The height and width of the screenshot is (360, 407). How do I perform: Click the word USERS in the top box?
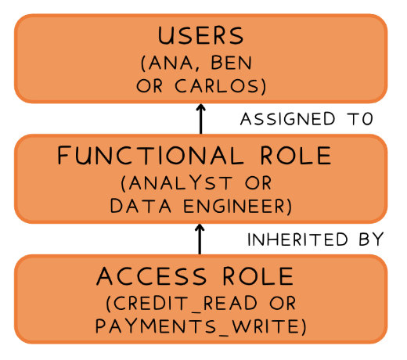[x=200, y=35]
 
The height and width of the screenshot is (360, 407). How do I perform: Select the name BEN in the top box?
[x=232, y=63]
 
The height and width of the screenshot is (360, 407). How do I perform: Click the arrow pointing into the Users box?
[x=200, y=119]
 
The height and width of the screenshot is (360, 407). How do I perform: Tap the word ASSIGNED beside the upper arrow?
[x=287, y=119]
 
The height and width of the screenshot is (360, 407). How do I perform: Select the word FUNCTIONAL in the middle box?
[x=150, y=156]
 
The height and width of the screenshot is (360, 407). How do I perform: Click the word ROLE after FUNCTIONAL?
[x=296, y=156]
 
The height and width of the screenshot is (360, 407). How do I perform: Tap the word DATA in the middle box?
[x=141, y=206]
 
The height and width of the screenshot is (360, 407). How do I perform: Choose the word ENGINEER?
[x=234, y=206]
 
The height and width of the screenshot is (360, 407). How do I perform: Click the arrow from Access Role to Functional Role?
[x=200, y=239]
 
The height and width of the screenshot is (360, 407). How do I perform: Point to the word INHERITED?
[x=297, y=239]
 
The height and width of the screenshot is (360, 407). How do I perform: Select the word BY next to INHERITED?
[x=371, y=239]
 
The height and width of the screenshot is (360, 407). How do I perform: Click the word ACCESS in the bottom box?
[x=152, y=276]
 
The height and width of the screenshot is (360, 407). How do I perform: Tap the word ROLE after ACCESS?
[x=258, y=276]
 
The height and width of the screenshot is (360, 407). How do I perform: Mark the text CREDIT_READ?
[x=185, y=303]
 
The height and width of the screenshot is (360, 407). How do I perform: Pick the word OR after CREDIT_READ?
[x=283, y=303]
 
